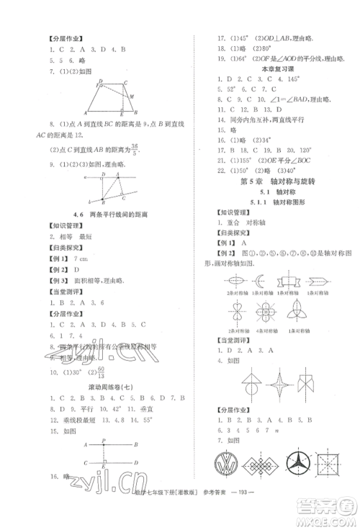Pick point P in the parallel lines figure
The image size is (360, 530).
(x=105, y=441)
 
